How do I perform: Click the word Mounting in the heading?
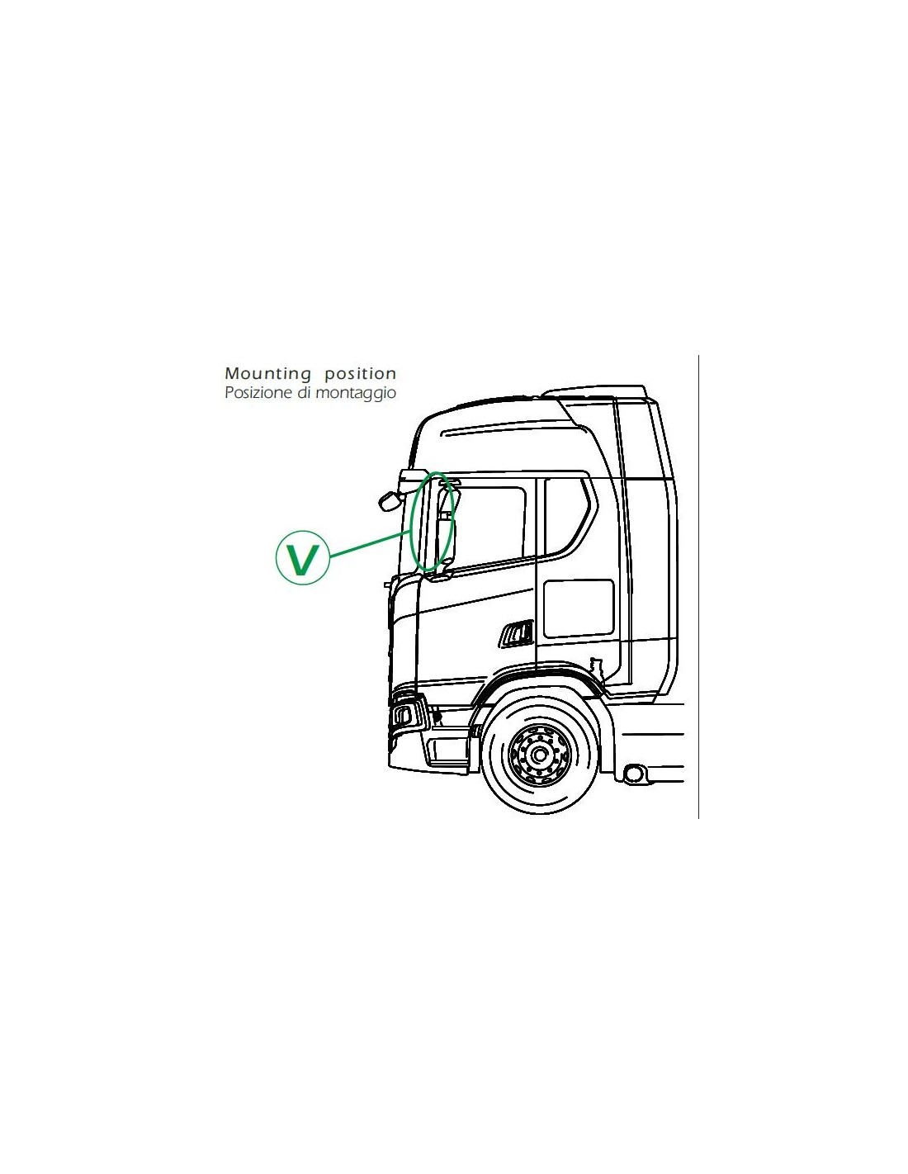[x=267, y=374]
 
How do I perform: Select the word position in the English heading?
[x=360, y=374]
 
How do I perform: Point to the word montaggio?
[x=356, y=393]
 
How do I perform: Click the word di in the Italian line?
[x=304, y=392]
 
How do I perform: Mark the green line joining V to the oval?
[x=370, y=545]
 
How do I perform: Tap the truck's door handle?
[x=517, y=632]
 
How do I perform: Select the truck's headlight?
[x=406, y=715]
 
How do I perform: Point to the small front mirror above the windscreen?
[x=388, y=501]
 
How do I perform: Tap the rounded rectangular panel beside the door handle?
[x=579, y=608]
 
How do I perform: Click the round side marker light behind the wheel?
[x=633, y=774]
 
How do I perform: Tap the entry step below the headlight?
[x=447, y=750]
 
